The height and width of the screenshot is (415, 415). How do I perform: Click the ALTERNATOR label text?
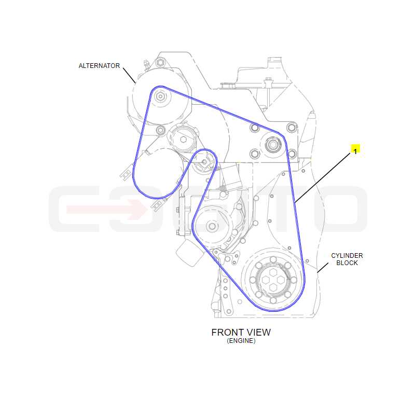click(x=99, y=66)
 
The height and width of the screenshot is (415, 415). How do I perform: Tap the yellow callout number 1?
click(x=355, y=151)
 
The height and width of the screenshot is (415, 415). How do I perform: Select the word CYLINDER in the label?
click(x=347, y=256)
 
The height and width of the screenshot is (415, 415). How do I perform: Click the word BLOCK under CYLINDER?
click(x=347, y=263)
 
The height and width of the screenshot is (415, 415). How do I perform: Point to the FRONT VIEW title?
click(x=241, y=333)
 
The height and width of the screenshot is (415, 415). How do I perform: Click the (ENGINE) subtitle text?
click(x=241, y=341)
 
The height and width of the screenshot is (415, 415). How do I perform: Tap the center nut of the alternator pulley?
click(x=160, y=96)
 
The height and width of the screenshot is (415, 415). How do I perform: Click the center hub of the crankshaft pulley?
click(x=273, y=280)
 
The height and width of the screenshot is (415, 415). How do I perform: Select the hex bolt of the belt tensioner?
click(x=183, y=139)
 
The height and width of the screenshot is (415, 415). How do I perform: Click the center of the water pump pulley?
click(x=212, y=226)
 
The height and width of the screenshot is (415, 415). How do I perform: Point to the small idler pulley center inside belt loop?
click(x=204, y=162)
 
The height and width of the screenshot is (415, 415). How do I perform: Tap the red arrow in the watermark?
click(x=106, y=210)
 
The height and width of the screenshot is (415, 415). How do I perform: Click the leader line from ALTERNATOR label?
click(x=129, y=75)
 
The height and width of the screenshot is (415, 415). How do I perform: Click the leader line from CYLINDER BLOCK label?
click(x=323, y=268)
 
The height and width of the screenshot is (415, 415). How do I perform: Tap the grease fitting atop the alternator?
click(x=146, y=64)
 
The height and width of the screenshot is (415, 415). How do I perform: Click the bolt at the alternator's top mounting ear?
click(x=160, y=62)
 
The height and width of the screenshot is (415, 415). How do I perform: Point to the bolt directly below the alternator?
click(x=160, y=130)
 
